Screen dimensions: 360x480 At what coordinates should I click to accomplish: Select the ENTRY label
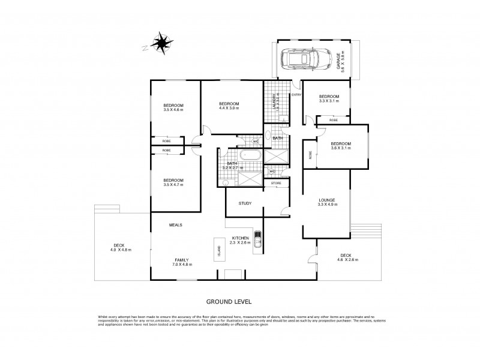pos(296,95)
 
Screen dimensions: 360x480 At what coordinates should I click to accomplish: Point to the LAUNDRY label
pos(275,103)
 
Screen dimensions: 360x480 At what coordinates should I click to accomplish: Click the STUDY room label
pos(244,203)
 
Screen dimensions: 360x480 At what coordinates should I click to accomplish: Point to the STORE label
pos(276,183)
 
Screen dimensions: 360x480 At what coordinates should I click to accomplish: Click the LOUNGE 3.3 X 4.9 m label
pos(327,202)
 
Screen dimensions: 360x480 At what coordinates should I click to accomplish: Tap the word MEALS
pos(175,225)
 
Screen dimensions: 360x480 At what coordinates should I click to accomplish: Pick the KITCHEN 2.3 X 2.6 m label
pos(240,241)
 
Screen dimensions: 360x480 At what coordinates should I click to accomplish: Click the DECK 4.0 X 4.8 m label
pos(121,247)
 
